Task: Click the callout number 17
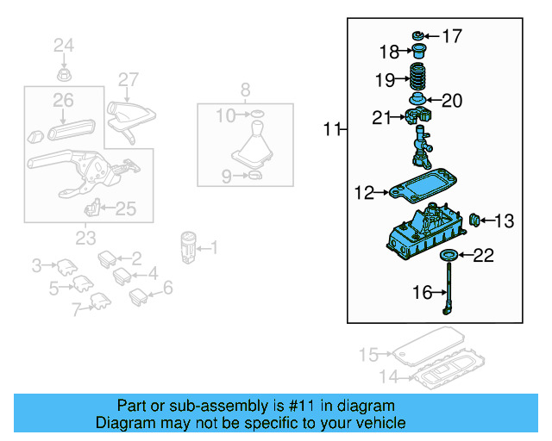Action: (x=451, y=36)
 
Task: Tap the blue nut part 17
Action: (x=417, y=35)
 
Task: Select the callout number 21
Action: (x=382, y=118)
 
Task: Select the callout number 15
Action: (x=368, y=354)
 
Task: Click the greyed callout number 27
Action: (x=128, y=80)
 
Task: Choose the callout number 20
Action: (x=452, y=101)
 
